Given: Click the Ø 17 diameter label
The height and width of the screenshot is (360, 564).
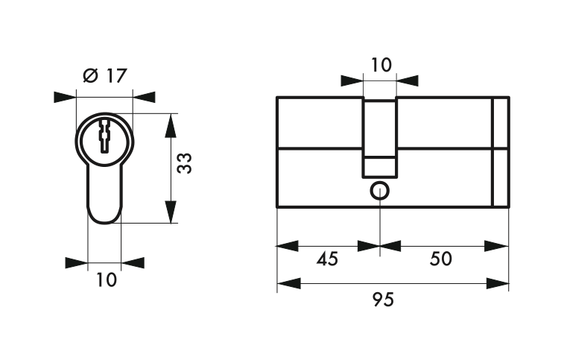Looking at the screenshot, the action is tap(105, 75).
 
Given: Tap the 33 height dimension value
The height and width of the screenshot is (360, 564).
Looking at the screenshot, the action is tap(185, 163).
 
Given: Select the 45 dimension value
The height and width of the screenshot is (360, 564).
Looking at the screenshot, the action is tap(327, 259).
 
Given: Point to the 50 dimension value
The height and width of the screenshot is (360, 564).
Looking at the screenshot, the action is tap(440, 259).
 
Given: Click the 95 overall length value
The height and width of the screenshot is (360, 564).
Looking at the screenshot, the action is tap(384, 300).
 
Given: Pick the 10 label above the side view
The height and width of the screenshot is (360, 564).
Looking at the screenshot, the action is tap(381, 65).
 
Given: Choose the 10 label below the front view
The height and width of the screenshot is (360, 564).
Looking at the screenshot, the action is tap(107, 280).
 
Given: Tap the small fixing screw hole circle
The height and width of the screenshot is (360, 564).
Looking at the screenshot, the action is tap(380, 191).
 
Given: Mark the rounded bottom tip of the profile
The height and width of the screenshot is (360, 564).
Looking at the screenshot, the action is tap(104, 222).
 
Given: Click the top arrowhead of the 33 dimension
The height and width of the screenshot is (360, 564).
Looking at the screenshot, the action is tap(171, 126).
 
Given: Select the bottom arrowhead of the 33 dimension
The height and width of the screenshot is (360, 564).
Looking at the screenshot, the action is tap(171, 212).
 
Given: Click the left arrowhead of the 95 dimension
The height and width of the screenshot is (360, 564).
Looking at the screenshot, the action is tap(289, 283).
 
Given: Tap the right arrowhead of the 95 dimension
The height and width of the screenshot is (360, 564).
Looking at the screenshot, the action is tap(498, 283).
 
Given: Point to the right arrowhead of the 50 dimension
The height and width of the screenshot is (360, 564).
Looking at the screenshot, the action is tap(496, 246).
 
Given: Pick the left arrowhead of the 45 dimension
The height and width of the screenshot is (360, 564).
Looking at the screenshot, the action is tap(287, 246).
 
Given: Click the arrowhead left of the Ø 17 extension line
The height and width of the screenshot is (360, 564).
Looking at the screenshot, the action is tap(65, 97).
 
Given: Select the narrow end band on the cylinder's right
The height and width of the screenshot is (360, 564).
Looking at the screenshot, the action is tap(501, 152).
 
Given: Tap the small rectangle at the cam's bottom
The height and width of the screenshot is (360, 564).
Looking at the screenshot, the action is tap(380, 167).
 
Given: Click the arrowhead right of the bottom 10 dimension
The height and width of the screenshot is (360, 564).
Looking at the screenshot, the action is tap(133, 263).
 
